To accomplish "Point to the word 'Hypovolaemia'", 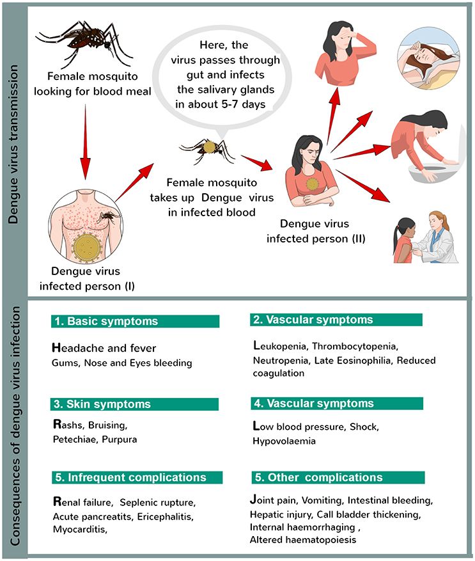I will (284, 441).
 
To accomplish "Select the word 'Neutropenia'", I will (281, 361).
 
